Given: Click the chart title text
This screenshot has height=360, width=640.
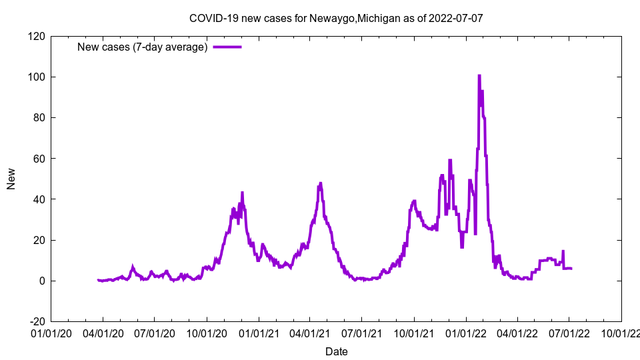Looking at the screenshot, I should [336, 18].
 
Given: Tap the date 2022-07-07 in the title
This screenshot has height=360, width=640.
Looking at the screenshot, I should [457, 18].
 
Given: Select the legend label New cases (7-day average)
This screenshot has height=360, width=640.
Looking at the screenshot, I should [143, 47].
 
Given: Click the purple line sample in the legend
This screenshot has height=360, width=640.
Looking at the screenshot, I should [227, 47].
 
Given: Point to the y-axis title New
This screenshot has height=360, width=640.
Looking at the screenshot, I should [11, 179].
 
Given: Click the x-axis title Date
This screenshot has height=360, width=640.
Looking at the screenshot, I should [336, 351].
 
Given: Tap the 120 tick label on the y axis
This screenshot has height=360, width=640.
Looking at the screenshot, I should [37, 36].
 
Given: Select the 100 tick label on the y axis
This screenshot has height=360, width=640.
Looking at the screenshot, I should [37, 77].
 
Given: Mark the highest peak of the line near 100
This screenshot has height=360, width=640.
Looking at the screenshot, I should [479, 76].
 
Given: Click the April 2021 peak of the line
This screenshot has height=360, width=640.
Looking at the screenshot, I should [321, 183].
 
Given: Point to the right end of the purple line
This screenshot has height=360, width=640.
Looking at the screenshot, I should [571, 268].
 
